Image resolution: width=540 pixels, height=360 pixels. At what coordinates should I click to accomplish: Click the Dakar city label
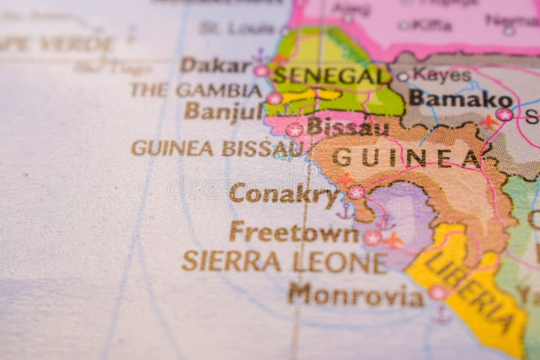click(x=215, y=66)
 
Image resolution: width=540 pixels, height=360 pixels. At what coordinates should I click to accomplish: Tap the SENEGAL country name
click(x=332, y=75)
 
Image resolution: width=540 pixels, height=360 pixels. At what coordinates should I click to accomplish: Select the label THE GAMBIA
click(x=196, y=90)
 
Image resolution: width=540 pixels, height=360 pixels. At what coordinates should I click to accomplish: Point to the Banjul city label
click(x=223, y=111)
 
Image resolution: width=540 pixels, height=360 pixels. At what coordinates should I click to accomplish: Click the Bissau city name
click(x=347, y=126)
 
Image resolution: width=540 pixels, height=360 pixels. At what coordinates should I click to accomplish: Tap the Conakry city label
click(x=283, y=193)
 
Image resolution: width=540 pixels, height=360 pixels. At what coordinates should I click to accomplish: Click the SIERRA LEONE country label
click(x=284, y=261)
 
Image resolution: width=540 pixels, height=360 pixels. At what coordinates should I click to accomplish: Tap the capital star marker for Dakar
click(x=261, y=70)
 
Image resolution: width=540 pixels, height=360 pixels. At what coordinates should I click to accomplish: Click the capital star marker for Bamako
click(x=504, y=115)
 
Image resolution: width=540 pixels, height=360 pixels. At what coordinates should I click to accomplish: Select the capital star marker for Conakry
click(x=356, y=192)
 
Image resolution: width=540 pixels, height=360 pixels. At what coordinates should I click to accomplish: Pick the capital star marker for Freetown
click(x=372, y=238)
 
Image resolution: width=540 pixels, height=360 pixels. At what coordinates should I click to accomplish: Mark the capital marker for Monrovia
click(x=438, y=292)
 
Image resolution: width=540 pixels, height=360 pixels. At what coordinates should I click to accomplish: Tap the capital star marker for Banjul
click(x=274, y=99)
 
